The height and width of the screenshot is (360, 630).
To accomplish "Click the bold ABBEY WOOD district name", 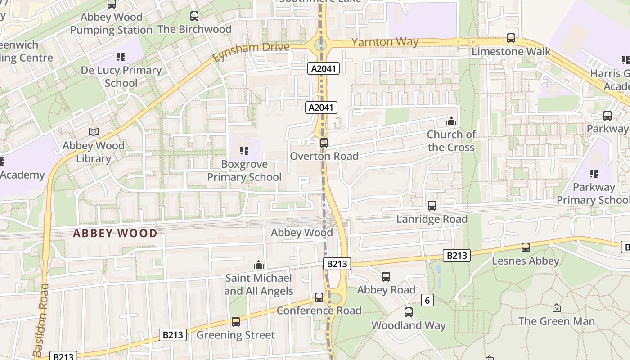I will coord(115,233).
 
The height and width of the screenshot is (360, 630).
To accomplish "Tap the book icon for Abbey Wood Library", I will coord(93,132).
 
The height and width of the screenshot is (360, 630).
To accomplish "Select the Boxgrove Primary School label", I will coord(244,171).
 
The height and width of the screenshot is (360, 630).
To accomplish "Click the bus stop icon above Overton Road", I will coord(324,143).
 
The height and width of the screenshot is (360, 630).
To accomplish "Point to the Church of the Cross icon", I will coord(451,121).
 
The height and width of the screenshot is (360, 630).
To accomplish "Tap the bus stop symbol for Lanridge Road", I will coord(432,206).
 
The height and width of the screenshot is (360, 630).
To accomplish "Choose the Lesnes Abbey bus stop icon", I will coord(525,247).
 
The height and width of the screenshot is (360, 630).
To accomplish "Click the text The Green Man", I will coord(556,321).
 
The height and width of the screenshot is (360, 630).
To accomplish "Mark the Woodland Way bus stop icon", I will coord(408,312).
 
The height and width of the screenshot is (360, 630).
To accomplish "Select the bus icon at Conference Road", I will coord(319,297).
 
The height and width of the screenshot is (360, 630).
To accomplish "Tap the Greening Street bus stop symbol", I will coord(235,321).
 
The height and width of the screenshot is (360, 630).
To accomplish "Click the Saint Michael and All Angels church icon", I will coord(259,264).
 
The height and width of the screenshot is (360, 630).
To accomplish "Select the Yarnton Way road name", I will coord(385,42).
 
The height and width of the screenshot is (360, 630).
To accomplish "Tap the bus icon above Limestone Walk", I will coord(511,38).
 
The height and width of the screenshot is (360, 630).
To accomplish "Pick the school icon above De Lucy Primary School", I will coord(121,57).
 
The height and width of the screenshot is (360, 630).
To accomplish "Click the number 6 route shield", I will coord(427,300).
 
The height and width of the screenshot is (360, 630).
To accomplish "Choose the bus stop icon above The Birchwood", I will coord(194,16).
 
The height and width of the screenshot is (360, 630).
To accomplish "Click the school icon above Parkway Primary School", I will coord(594,173).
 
